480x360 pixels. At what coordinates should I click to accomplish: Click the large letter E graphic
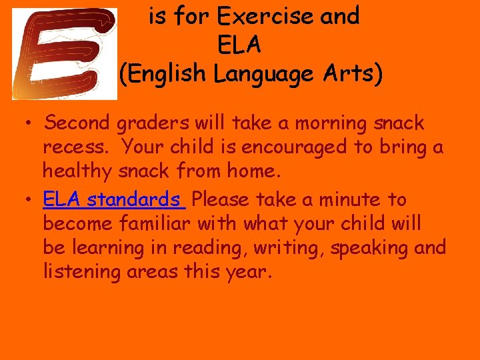coord(64,54)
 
